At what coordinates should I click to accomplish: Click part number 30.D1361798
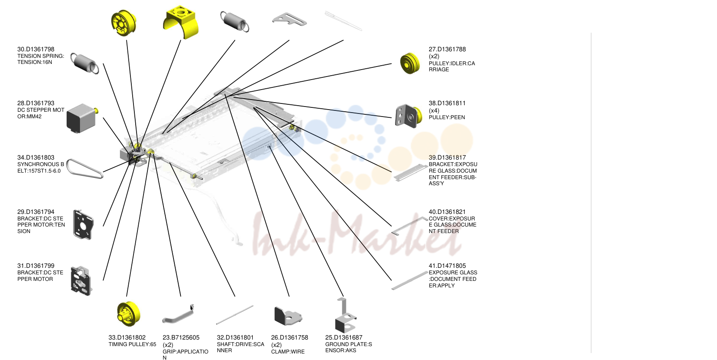point(36,49)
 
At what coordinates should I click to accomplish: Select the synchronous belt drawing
point(84,168)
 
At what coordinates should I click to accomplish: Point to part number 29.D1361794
point(36,212)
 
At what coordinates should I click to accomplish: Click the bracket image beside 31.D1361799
point(81,280)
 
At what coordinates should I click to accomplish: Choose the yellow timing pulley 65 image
point(128,313)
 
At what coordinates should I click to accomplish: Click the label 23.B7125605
point(181,337)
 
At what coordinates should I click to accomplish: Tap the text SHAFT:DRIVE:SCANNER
point(240,347)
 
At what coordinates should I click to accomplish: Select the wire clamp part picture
point(288,316)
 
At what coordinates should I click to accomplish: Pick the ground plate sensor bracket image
point(345,316)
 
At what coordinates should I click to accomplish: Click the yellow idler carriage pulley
point(410,63)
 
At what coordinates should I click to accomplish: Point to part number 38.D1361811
point(447,103)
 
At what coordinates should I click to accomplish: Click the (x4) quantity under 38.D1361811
point(434,110)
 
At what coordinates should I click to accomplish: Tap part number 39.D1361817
point(447,157)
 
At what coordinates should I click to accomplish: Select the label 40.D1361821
point(447,212)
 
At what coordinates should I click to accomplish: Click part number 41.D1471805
point(447,266)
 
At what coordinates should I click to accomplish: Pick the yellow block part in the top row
point(181,22)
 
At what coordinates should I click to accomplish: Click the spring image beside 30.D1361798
point(84,63)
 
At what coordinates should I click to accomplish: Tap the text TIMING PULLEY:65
point(132,344)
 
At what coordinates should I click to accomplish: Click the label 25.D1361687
point(344,337)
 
